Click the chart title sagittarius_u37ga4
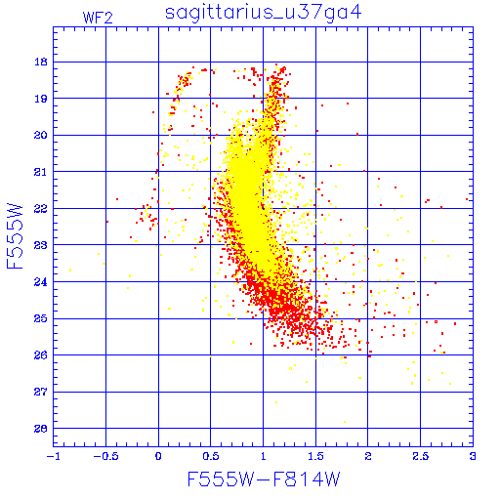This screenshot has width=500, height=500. (264, 14)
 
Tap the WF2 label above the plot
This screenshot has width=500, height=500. (98, 18)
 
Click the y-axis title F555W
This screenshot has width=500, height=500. (15, 236)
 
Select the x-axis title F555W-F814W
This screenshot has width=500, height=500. (264, 479)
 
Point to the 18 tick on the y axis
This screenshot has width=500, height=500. (41, 62)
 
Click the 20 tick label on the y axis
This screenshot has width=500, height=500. (41, 135)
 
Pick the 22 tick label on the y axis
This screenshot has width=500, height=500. (41, 208)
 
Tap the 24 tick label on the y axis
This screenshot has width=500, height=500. (41, 282)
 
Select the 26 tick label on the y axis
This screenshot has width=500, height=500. (41, 355)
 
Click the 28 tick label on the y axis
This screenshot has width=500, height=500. (41, 429)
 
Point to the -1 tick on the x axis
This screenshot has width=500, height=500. (54, 456)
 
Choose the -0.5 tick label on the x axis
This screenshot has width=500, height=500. (105, 456)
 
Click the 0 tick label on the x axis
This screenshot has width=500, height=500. (158, 456)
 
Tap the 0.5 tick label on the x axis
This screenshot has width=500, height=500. (211, 456)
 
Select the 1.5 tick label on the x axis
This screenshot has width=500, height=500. (315, 456)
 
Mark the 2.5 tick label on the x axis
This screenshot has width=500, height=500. (421, 456)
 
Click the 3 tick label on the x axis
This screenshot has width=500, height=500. (473, 456)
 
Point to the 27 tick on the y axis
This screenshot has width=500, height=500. (41, 392)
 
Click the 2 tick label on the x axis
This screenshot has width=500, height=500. (368, 456)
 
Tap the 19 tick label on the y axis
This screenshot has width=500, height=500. (41, 99)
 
